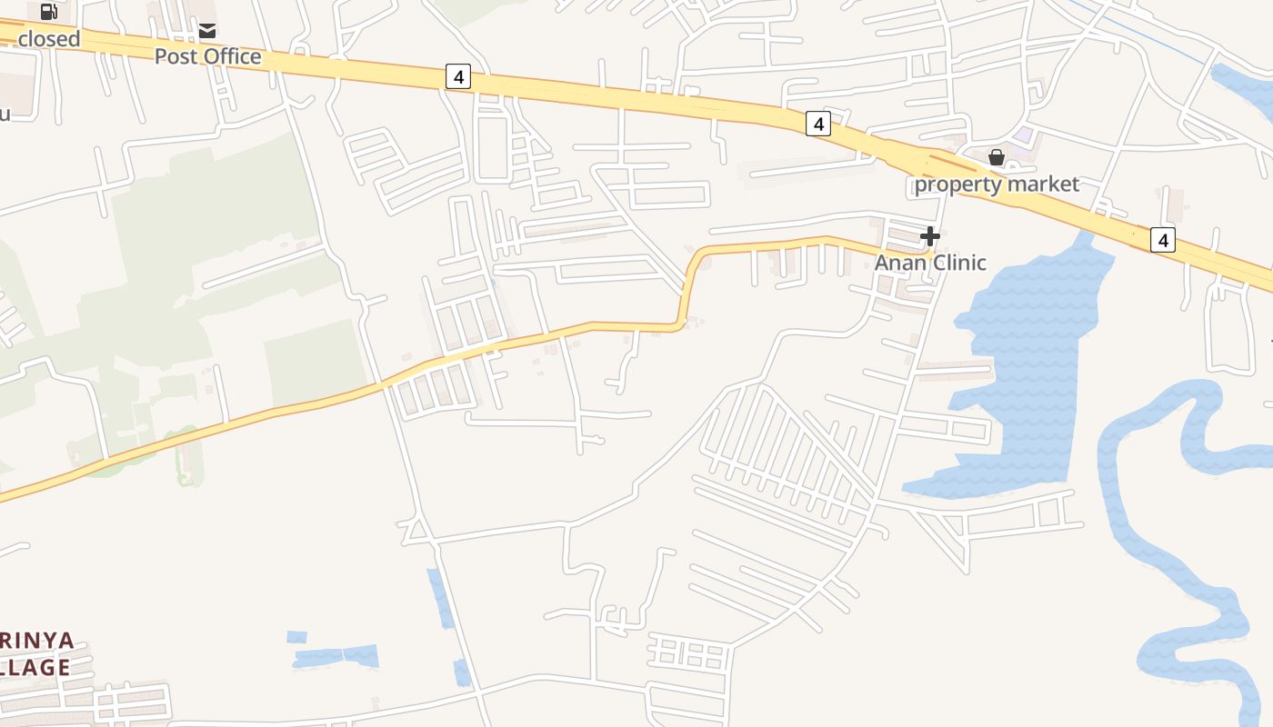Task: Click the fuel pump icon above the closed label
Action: (49, 12)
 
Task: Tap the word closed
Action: (48, 39)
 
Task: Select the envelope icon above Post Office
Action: (207, 31)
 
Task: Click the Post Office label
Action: (207, 56)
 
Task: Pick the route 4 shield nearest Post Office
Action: (458, 77)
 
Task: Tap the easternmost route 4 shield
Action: (1162, 240)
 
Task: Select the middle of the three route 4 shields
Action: (818, 124)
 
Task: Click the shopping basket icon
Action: (997, 157)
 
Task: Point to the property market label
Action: (997, 184)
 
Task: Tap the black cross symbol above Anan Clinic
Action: (929, 236)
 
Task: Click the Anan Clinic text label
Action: (930, 263)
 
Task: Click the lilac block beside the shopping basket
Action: (1024, 135)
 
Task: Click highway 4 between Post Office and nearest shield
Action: (364, 65)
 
